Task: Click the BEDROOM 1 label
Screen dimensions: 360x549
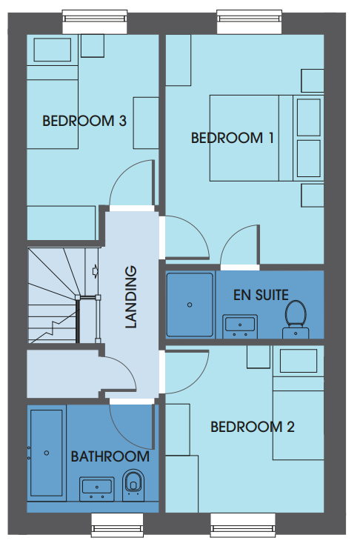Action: coord(232,138)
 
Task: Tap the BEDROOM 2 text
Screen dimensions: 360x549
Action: coord(252,427)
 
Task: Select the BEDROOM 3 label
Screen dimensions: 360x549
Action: coord(84,122)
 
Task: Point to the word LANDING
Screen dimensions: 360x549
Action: coord(130,297)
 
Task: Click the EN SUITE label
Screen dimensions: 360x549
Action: coord(261,295)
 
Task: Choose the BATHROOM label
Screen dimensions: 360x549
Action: coord(110,456)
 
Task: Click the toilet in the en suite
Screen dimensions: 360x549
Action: coord(296,319)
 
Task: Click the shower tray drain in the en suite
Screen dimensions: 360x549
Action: coord(190,305)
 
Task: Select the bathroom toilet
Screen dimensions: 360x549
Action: coord(133,485)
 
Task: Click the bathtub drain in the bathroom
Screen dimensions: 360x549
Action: coord(47,453)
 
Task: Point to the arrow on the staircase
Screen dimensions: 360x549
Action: coord(95,271)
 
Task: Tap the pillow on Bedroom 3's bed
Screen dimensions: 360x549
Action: coord(53,50)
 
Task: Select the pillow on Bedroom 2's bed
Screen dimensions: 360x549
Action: coord(299,361)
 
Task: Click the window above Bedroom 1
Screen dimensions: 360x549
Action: coord(250,21)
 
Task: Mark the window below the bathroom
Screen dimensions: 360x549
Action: coord(117,525)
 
